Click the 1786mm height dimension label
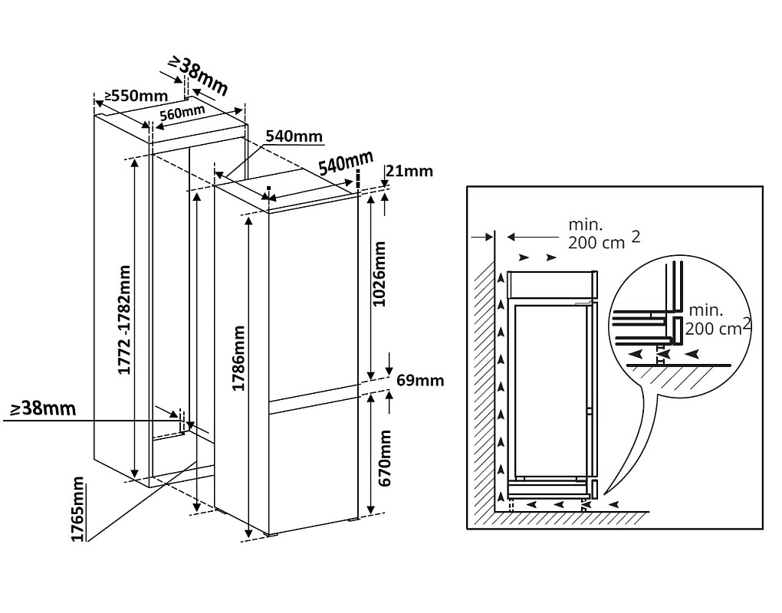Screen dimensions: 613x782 click(x=239, y=359)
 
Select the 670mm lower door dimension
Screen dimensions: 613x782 click(x=386, y=457)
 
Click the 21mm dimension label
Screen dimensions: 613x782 click(x=409, y=171)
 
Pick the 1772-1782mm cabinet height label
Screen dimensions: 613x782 click(x=124, y=320)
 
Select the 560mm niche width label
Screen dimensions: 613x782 click(x=182, y=112)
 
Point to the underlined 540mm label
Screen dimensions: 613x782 click(x=294, y=136)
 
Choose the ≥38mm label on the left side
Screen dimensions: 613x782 click(x=43, y=408)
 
